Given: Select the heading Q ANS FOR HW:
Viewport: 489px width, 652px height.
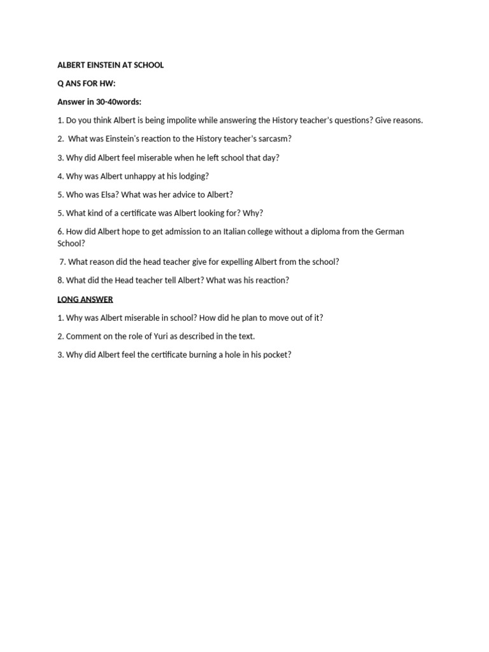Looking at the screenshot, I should point(87,83).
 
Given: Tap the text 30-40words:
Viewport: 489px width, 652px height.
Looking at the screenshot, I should point(118,102).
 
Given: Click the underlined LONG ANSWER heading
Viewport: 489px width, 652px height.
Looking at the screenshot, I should point(85,299).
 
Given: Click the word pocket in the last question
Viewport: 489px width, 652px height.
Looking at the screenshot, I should point(275,355).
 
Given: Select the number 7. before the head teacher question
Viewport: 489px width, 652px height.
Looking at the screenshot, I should point(62,262).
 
